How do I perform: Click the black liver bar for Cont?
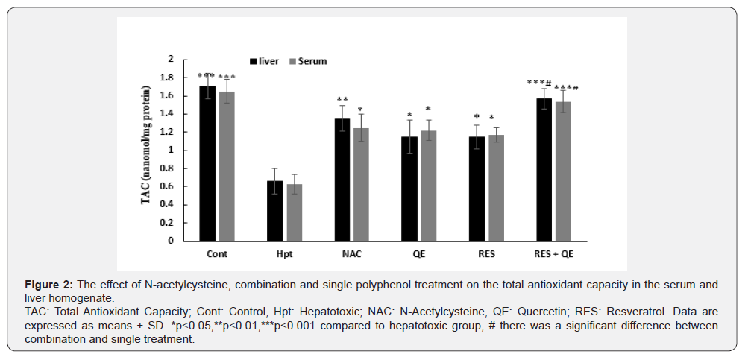point(207,163)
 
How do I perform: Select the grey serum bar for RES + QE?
point(563,171)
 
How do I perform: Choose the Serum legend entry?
point(307,61)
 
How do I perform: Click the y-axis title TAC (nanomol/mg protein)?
point(149,148)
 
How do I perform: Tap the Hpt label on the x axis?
point(285,253)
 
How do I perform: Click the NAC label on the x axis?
point(351,253)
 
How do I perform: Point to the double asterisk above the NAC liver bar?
point(342,100)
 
